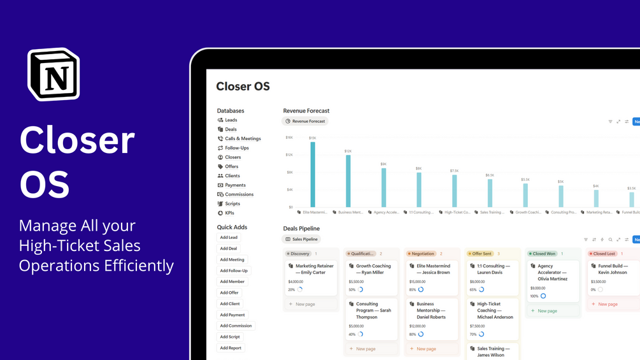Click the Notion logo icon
tap(53, 74)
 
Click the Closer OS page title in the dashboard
tap(243, 87)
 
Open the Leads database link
tap(231, 120)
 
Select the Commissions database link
tap(239, 194)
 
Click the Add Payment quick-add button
tap(232, 315)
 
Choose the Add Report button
tap(231, 348)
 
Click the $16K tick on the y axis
tap(289, 137)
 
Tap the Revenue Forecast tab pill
tap(305, 121)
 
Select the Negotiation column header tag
tap(421, 254)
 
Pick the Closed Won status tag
tap(543, 254)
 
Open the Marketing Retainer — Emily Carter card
tap(311, 278)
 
